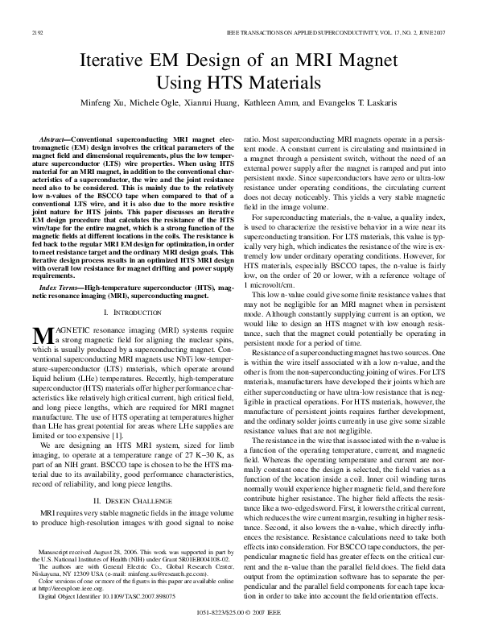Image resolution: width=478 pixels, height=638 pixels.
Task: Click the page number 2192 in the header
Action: (x=35, y=32)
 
